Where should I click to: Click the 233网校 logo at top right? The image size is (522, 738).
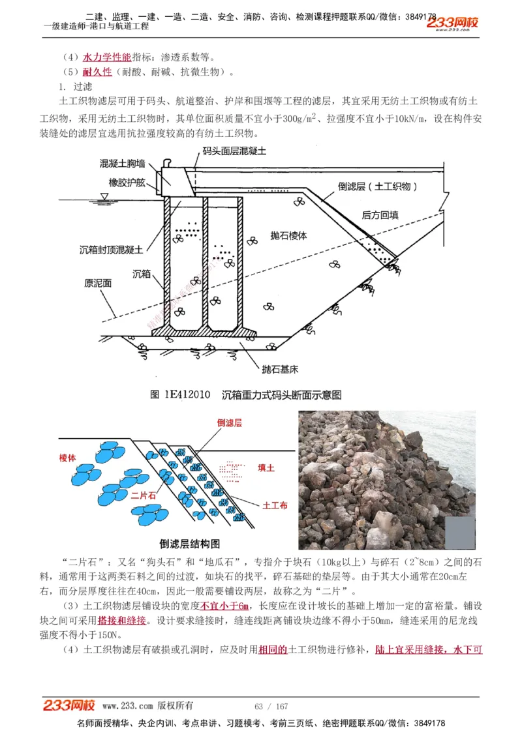coord(453,22)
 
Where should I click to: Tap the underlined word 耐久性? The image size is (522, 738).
coord(97,72)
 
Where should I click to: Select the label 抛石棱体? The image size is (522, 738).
coord(288,235)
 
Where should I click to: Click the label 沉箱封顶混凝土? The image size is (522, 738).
coord(112,249)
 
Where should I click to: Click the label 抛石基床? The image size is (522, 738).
coord(280,369)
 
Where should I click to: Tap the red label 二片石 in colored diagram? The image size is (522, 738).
coord(144,495)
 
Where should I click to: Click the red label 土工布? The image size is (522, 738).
coord(275,505)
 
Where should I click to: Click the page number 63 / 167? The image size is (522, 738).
coord(271,706)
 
